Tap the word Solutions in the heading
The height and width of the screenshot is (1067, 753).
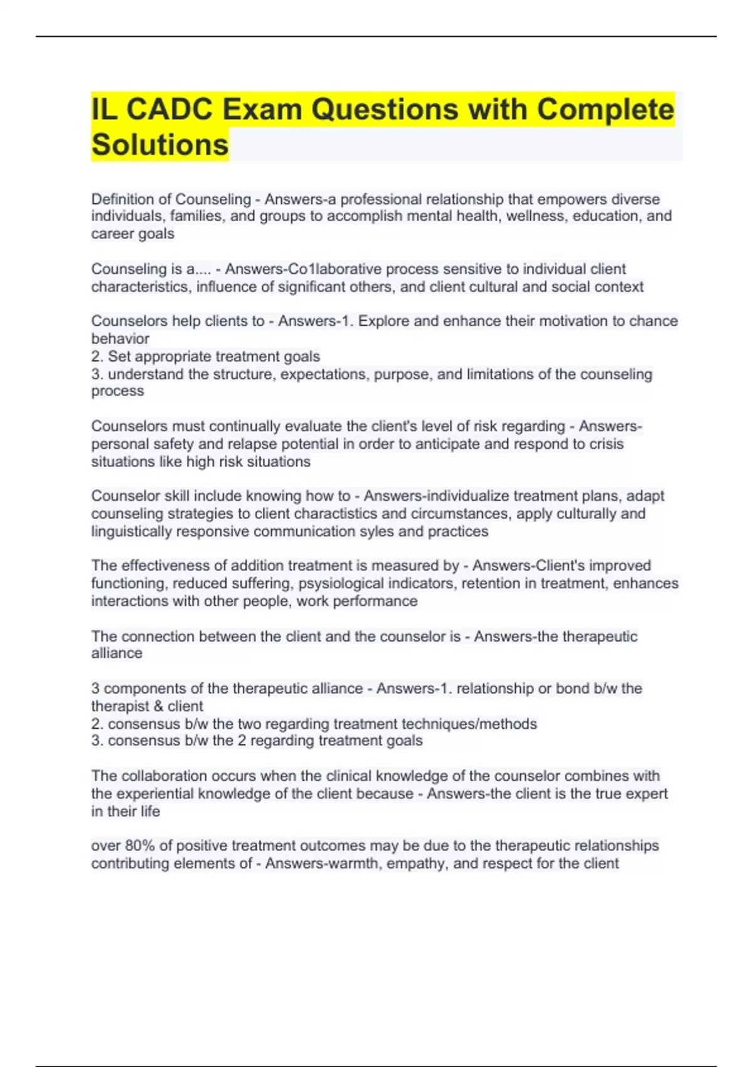[160, 145]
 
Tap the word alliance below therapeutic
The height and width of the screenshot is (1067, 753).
[117, 653]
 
